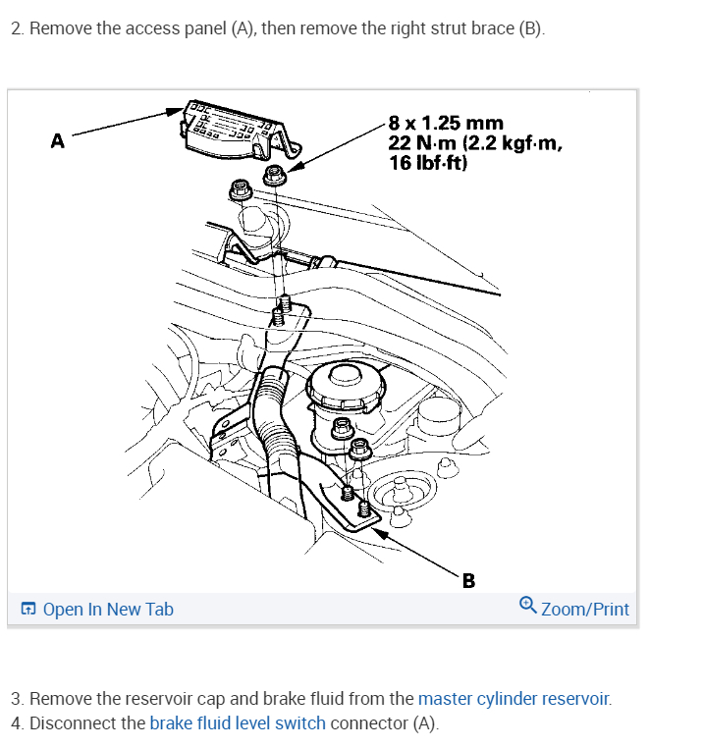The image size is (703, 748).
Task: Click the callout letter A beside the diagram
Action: (x=57, y=141)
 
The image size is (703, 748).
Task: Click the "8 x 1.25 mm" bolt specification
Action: (x=445, y=124)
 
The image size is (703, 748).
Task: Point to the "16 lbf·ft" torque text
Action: (x=428, y=163)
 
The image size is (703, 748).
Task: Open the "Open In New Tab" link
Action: (x=108, y=610)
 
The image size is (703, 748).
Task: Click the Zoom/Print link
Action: (x=584, y=610)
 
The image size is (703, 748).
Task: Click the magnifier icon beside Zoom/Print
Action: (x=527, y=608)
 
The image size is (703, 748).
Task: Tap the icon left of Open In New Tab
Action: (x=29, y=610)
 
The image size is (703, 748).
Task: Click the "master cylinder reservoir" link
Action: (x=514, y=699)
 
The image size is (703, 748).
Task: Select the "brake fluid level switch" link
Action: (x=238, y=723)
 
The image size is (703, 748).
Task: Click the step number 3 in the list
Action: (x=16, y=699)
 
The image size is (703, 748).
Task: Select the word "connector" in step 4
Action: (x=370, y=723)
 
